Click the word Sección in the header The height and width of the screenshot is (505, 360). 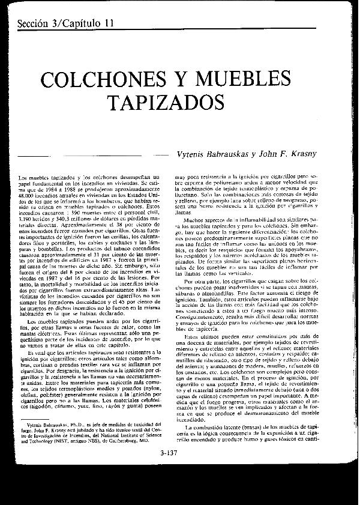pyautogui.click(x=35, y=23)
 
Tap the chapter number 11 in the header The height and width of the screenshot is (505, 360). pyautogui.click(x=107, y=23)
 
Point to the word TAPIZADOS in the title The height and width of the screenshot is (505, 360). pyautogui.click(x=169, y=103)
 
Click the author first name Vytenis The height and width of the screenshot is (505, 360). pyautogui.click(x=193, y=154)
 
